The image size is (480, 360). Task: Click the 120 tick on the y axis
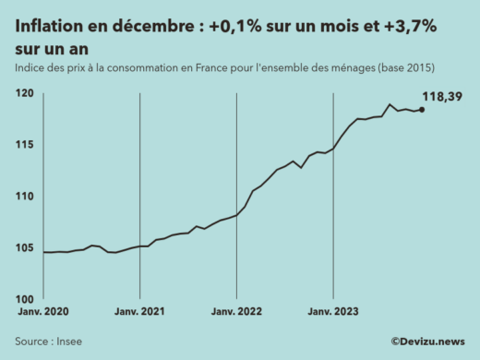(x=26, y=94)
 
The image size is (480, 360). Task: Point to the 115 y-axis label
(x=26, y=145)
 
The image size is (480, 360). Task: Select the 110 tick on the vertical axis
(x=26, y=197)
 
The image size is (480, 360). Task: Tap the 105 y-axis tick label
(x=26, y=247)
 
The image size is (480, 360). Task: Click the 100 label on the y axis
(x=26, y=299)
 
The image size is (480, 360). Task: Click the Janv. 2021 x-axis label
(x=139, y=312)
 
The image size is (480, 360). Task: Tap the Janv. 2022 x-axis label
(x=237, y=312)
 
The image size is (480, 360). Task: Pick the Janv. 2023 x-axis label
(x=333, y=312)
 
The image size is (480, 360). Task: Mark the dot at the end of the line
(x=422, y=110)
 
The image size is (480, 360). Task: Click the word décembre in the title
(x=152, y=29)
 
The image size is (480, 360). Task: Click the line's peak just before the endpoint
(x=390, y=104)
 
